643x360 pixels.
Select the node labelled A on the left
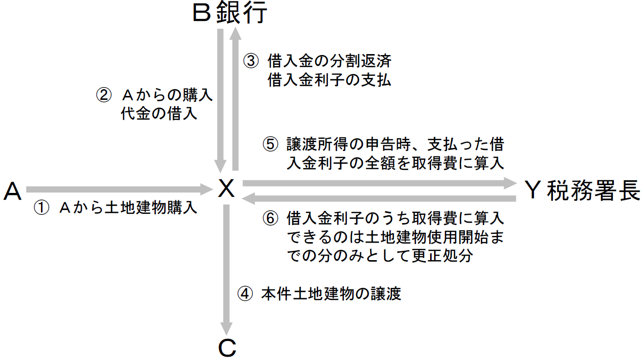(13, 191)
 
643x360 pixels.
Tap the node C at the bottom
(227, 348)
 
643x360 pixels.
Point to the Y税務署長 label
(583, 190)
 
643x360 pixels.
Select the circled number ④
(245, 294)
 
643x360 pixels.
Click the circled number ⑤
(270, 145)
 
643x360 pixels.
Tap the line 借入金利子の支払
(329, 80)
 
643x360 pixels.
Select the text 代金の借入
(159, 114)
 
